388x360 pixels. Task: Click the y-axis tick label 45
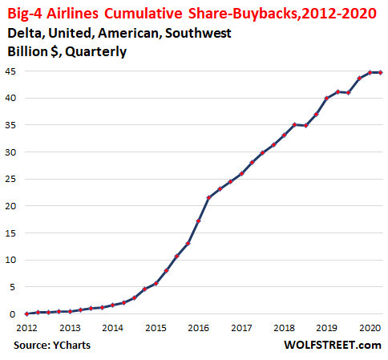[x=10, y=71]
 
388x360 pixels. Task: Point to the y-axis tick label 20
[x=10, y=206]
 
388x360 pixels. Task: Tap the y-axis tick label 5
[x=13, y=287]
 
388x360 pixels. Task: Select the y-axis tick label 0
[x=13, y=314]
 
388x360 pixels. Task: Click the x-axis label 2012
[x=26, y=328]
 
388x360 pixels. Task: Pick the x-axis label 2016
[x=198, y=328]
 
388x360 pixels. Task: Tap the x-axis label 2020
[x=370, y=328]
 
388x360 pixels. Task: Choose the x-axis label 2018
[x=284, y=328]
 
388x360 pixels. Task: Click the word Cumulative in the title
[x=143, y=14]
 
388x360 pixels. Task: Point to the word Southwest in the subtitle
[x=198, y=33]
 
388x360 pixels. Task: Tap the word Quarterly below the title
[x=96, y=52]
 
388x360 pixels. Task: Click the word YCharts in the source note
[x=71, y=346]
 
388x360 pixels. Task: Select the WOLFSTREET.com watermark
[x=333, y=345]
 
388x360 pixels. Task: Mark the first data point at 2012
[x=26, y=314]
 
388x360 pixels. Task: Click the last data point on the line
[x=381, y=72]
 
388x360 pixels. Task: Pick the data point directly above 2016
[x=198, y=221]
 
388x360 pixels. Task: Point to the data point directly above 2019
[x=327, y=98]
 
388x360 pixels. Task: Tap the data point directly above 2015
[x=156, y=284]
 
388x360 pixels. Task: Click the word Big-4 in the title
[x=25, y=14]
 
